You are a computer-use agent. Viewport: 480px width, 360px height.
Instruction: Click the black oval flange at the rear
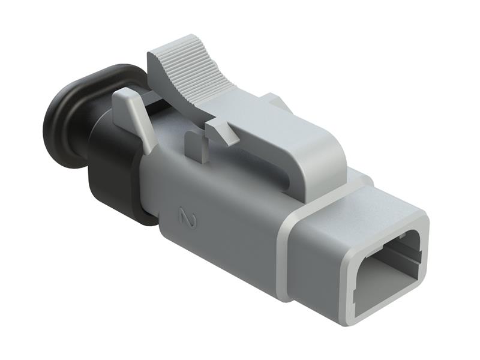point(66,120)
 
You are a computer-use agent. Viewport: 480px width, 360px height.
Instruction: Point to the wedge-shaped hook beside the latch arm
point(221,131)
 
